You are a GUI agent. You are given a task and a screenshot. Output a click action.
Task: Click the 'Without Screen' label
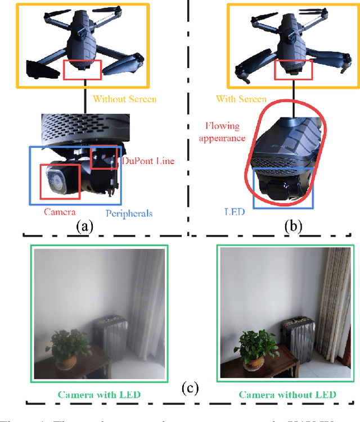(x=124, y=99)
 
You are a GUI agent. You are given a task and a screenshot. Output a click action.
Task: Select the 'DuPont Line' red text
(x=148, y=161)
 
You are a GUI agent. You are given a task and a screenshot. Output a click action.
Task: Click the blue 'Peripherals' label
(x=129, y=213)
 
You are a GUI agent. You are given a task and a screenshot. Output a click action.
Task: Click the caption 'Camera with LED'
(x=100, y=394)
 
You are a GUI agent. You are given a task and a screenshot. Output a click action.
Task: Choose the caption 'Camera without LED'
(x=287, y=394)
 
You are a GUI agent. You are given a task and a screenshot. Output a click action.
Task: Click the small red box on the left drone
(x=82, y=69)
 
